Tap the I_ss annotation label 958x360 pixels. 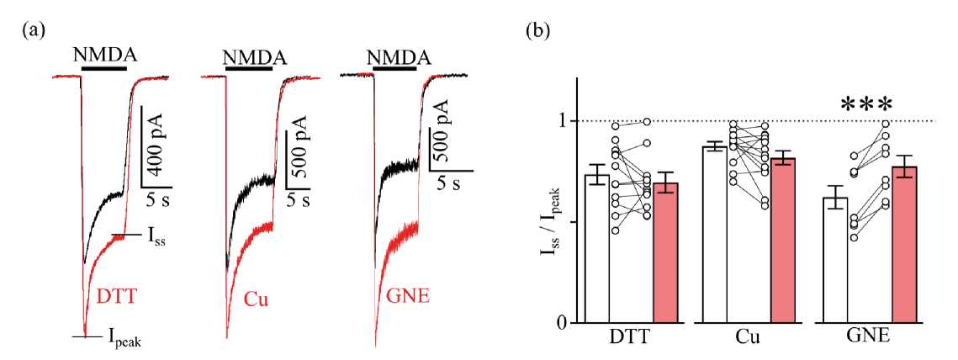coord(156,238)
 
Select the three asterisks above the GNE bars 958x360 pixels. coord(866,105)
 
